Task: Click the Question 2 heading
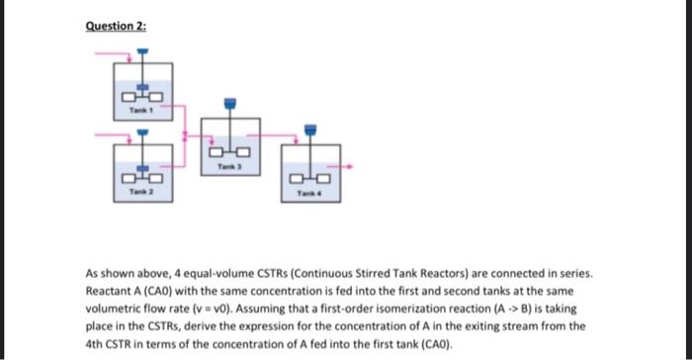click(117, 25)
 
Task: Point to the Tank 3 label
click(229, 170)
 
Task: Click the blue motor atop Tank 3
click(229, 102)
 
